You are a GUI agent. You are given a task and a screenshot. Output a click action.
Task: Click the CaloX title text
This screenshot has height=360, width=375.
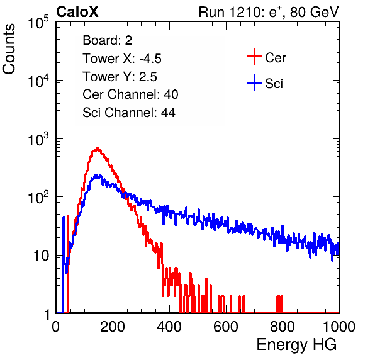[77, 12]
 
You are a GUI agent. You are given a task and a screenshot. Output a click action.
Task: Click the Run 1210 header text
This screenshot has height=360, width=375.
[269, 12]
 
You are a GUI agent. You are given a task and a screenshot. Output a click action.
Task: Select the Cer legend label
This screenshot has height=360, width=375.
[275, 58]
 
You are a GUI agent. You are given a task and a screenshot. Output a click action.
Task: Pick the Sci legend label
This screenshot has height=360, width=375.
[274, 84]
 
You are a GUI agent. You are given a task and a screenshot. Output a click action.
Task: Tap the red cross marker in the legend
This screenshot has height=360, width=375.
[254, 57]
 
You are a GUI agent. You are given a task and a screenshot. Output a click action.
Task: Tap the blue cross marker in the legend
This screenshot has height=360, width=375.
[254, 82]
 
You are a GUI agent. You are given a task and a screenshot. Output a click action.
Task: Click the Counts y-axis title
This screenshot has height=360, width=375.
[9, 49]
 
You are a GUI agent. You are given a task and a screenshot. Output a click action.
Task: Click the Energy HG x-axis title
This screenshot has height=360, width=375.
[296, 345]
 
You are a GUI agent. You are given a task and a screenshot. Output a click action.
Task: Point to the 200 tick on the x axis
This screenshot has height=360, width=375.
[113, 327]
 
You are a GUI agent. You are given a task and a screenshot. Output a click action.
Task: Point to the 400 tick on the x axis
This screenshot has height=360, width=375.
[169, 327]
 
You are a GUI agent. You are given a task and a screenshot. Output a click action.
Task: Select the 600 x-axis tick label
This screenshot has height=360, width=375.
[226, 327]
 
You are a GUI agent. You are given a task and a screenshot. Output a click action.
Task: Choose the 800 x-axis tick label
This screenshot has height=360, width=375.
[283, 327]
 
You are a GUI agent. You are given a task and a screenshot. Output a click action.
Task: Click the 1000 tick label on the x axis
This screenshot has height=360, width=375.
[339, 327]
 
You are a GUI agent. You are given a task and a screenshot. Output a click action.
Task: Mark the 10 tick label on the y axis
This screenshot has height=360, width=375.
[41, 256]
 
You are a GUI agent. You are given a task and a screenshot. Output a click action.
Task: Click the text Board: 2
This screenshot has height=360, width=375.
[108, 40]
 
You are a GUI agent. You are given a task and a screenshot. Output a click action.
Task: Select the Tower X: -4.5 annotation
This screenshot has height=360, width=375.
[122, 59]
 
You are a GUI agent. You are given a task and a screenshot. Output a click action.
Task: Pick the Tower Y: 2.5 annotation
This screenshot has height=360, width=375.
[120, 77]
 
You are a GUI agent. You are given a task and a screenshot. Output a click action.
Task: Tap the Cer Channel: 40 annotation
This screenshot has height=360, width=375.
[130, 94]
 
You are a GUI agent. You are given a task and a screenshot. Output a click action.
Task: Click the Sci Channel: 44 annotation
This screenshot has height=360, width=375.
[129, 113]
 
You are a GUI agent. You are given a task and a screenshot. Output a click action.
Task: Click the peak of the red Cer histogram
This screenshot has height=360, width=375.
[98, 149]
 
